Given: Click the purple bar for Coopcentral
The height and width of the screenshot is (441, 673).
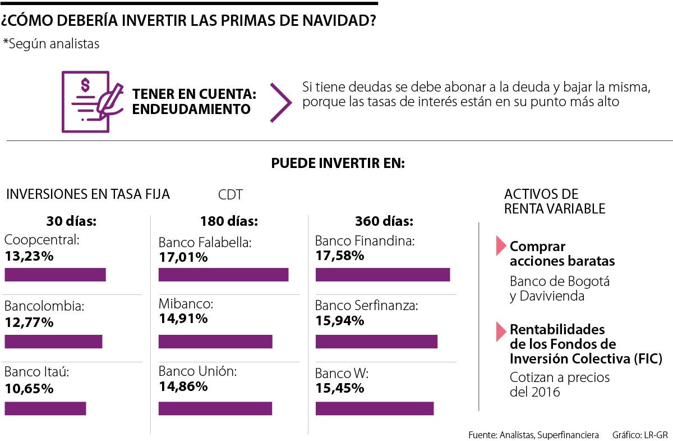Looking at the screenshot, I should pyautogui.click(x=55, y=275).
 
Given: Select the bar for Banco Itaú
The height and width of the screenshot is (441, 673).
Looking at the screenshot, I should pyautogui.click(x=45, y=408).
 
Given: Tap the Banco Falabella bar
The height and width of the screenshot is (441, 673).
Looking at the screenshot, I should pyautogui.click(x=223, y=275).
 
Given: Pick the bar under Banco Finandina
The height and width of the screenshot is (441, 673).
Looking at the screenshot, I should pyautogui.click(x=382, y=275).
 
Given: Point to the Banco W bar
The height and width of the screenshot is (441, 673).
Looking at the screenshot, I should pyautogui.click(x=375, y=408).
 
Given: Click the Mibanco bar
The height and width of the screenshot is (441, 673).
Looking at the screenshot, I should pyautogui.click(x=215, y=342).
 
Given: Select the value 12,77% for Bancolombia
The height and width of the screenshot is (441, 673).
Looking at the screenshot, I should pyautogui.click(x=29, y=322).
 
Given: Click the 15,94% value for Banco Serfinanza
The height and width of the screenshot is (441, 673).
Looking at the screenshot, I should pyautogui.click(x=340, y=321).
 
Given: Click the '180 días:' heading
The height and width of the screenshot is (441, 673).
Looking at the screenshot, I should pyautogui.click(x=229, y=221).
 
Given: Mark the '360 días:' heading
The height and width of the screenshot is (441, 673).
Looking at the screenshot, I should pyautogui.click(x=384, y=221).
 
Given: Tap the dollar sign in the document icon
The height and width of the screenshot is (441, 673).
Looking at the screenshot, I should pyautogui.click(x=85, y=85).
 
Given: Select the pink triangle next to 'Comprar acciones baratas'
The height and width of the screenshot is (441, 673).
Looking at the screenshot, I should pyautogui.click(x=501, y=246).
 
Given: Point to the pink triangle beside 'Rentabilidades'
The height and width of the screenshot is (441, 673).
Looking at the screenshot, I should pyautogui.click(x=501, y=331).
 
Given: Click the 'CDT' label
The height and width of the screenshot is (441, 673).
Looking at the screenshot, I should pyautogui.click(x=231, y=195).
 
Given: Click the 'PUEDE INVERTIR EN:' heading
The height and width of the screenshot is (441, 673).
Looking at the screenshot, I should pyautogui.click(x=338, y=163).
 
